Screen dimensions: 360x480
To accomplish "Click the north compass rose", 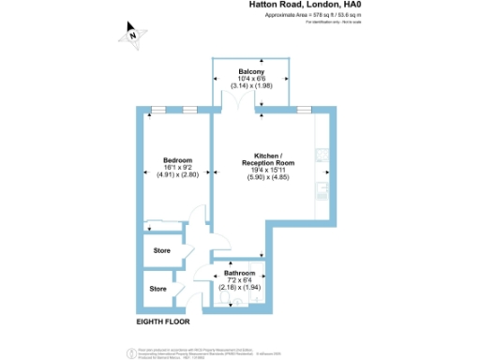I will click(134, 36).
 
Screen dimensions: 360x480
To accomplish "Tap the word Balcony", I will click(249, 72).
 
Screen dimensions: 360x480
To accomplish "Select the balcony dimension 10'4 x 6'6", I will click(249, 80).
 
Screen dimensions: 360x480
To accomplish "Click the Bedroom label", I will click(177, 159).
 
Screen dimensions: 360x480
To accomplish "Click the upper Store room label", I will click(161, 251).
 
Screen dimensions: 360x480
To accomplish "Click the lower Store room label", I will click(157, 289).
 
